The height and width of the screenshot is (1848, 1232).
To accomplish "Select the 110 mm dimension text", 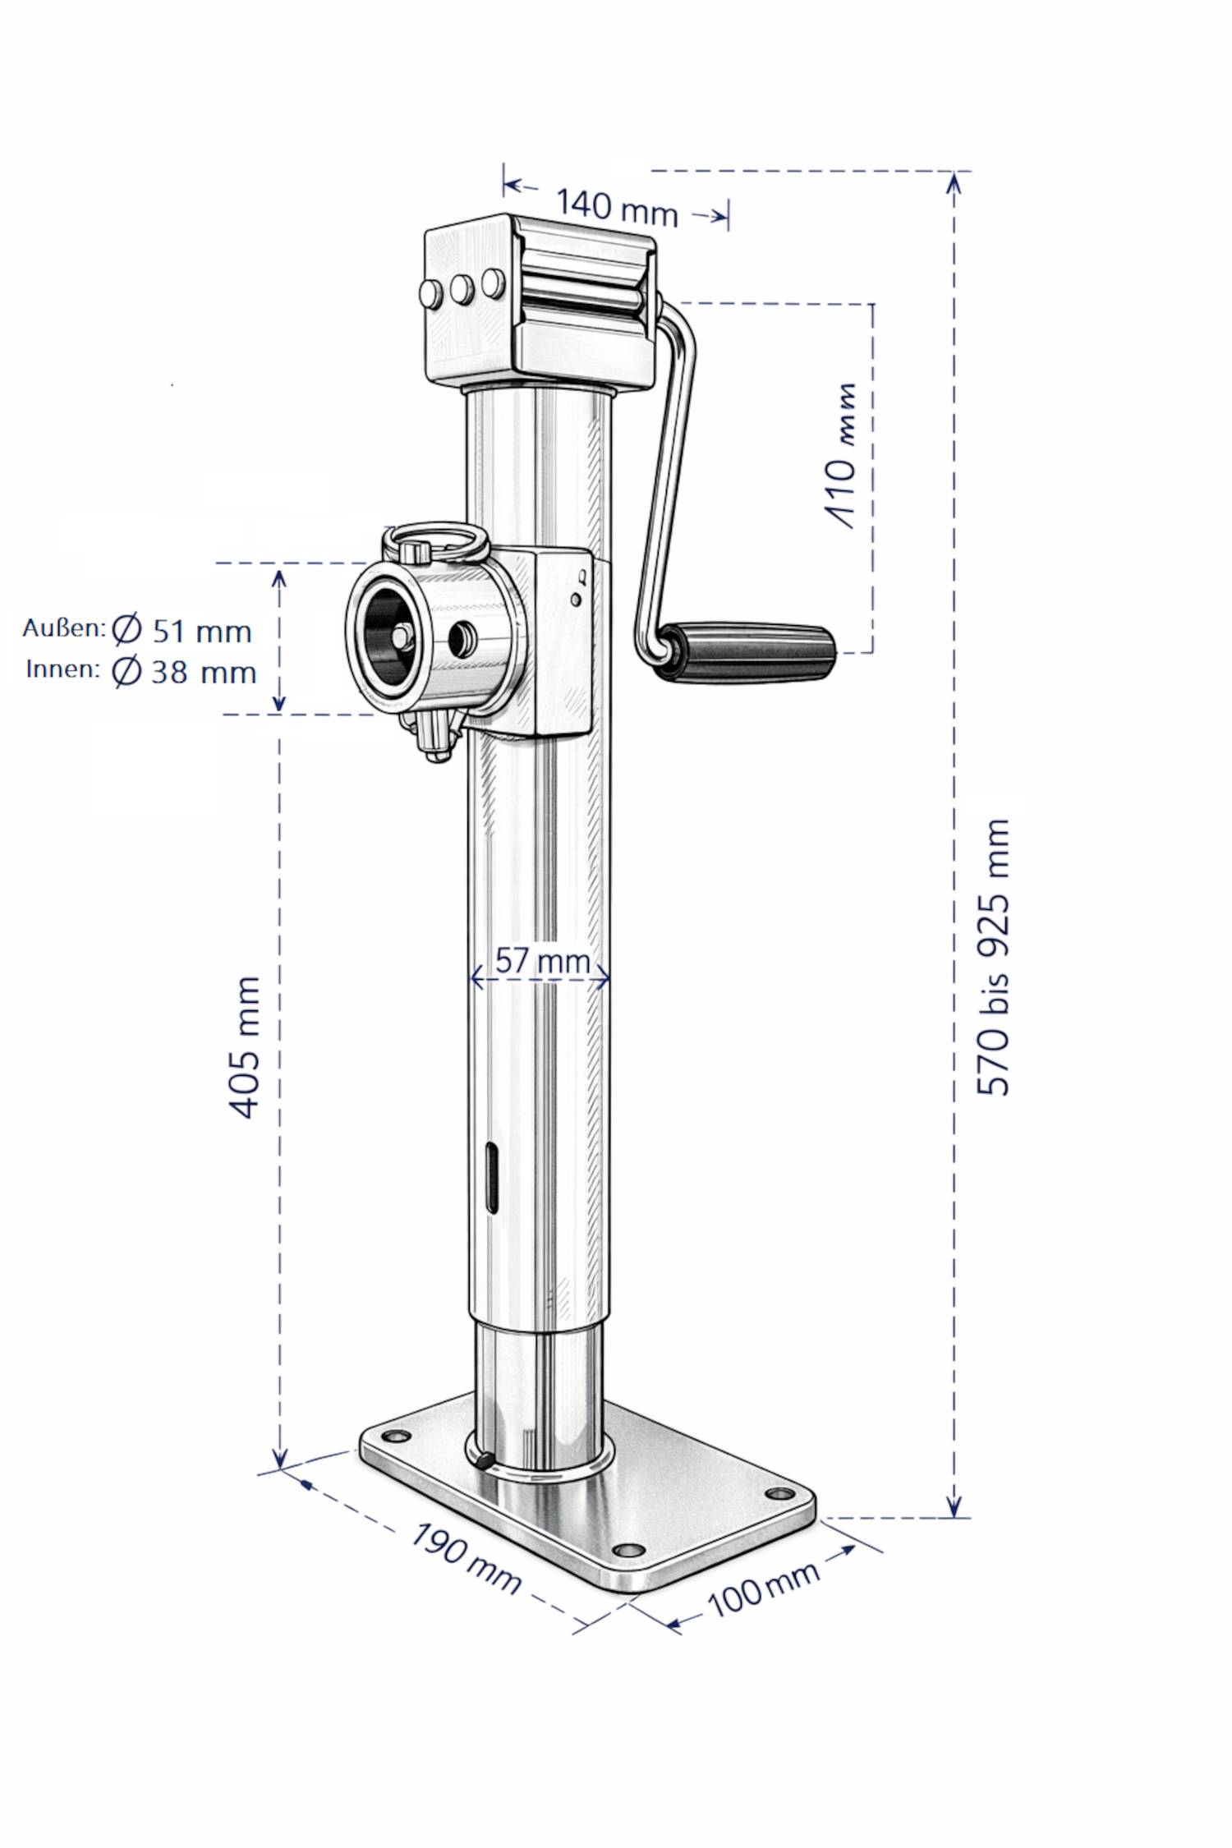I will pos(840,456).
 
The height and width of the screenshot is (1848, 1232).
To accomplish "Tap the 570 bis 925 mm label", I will pos(993,957).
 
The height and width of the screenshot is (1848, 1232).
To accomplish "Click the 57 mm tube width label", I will pos(542,960).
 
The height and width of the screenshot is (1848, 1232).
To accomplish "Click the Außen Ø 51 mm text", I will pos(138,630).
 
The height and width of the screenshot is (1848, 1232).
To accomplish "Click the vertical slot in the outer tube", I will pos(490,1175).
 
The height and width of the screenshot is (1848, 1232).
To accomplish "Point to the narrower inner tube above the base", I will pos(538,1392).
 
